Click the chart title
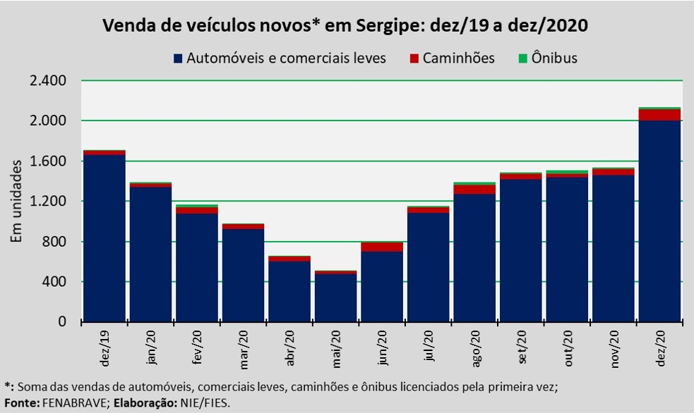point(346,26)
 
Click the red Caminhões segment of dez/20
point(660,115)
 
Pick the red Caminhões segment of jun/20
point(382,247)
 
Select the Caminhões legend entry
point(451,58)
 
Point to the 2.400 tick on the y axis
point(48,81)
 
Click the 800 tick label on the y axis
point(54,242)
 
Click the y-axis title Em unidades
point(17,201)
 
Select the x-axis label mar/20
point(244,346)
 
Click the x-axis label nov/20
point(614,346)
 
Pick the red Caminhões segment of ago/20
point(474,189)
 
